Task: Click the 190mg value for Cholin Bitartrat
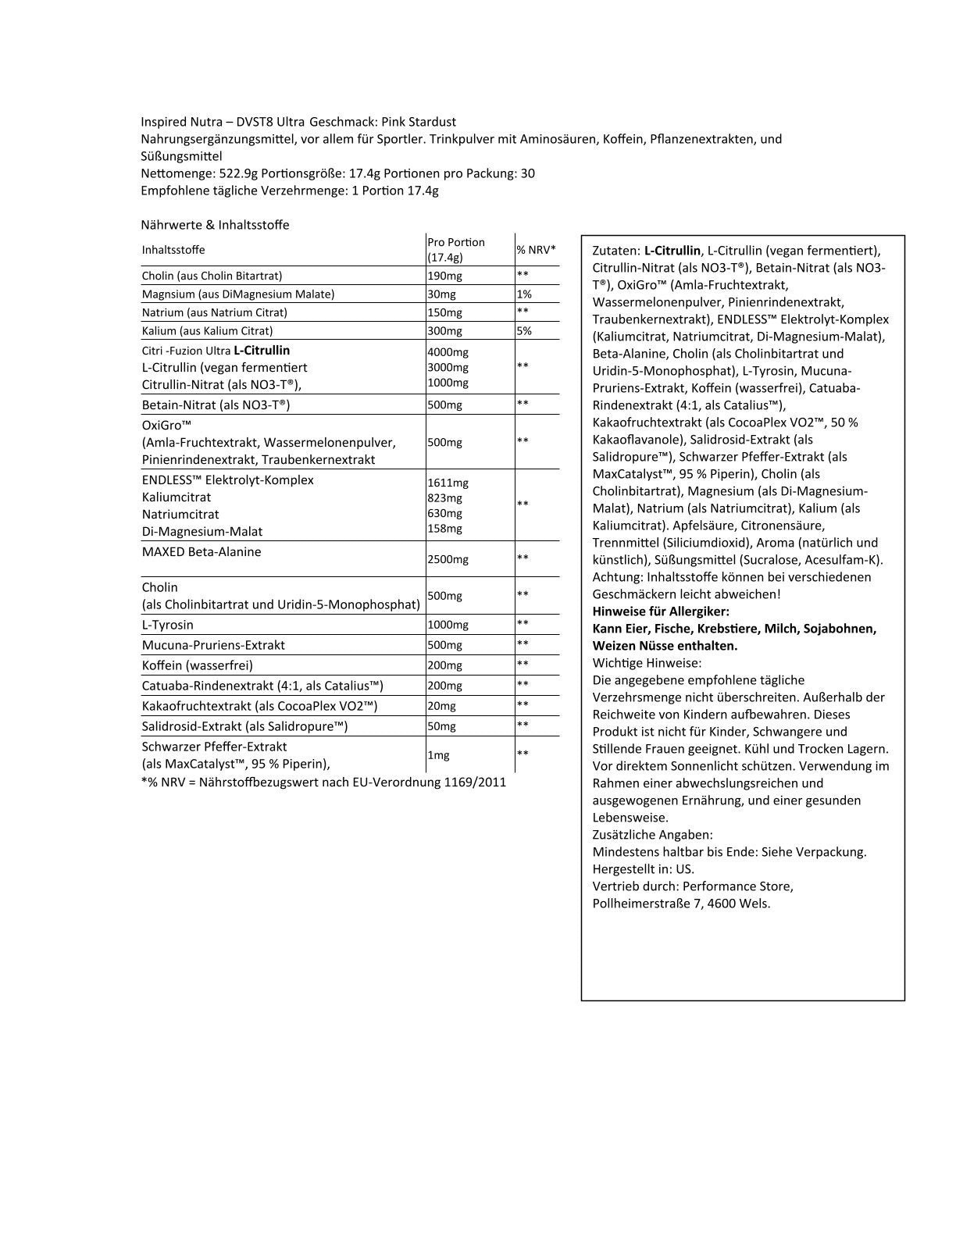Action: click(444, 276)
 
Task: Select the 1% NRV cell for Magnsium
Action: click(524, 294)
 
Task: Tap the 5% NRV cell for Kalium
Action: click(524, 331)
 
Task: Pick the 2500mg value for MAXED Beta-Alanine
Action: click(448, 559)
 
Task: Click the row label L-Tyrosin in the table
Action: click(168, 625)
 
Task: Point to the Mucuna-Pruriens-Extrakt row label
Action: click(213, 645)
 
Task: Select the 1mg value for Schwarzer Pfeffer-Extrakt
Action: click(438, 755)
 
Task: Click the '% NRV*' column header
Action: click(536, 249)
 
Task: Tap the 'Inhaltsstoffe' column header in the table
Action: click(173, 250)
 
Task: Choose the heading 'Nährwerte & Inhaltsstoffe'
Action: click(215, 225)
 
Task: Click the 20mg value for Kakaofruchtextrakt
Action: click(441, 706)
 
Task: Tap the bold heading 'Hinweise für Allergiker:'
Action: click(661, 611)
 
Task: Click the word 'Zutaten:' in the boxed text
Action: click(615, 251)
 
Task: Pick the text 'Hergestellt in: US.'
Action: click(644, 869)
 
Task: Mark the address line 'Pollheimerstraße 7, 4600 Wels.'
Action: click(681, 904)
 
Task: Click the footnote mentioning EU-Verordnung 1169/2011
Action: click(323, 782)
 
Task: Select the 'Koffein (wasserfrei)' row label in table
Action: click(197, 665)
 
